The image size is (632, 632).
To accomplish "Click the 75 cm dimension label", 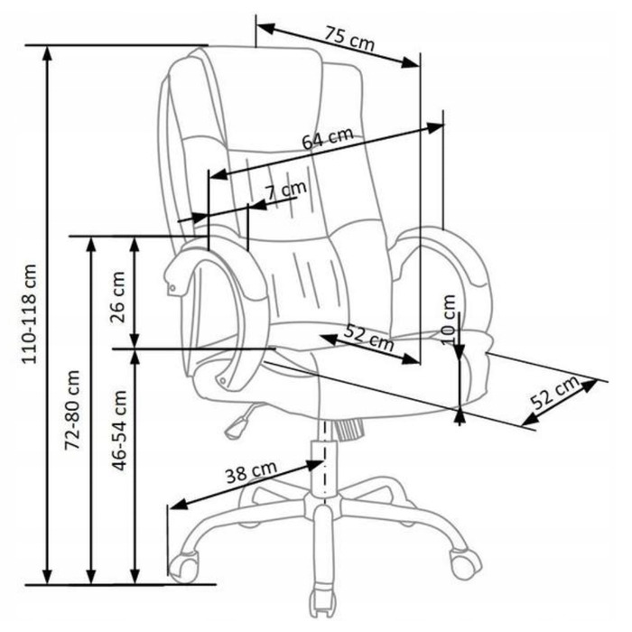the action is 350,39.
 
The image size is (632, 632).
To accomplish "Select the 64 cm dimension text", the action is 328,138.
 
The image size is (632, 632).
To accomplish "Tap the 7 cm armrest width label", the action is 286,191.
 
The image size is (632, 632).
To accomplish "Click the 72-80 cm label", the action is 73,410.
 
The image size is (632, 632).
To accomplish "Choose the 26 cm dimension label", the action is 117,297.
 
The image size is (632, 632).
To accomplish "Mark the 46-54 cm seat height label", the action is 119,431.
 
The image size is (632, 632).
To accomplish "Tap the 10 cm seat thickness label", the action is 448,321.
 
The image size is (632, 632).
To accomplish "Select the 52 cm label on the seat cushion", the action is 369,338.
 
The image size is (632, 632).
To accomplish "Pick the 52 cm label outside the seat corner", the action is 555,392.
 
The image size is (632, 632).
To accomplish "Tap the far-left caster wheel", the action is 184,566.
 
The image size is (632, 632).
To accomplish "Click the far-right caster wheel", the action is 466,562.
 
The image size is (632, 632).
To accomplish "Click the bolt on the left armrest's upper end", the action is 173,288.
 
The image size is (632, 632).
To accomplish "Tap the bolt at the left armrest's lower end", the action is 222,380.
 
